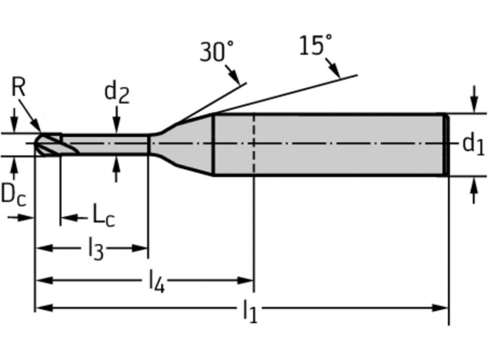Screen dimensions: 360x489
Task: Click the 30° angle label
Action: coord(216,51)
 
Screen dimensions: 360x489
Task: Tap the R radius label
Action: coord(18,89)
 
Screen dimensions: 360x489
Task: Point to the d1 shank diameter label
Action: coord(473,144)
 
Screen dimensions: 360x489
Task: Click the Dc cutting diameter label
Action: coord(13,194)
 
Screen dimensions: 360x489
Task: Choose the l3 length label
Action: coord(95,250)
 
